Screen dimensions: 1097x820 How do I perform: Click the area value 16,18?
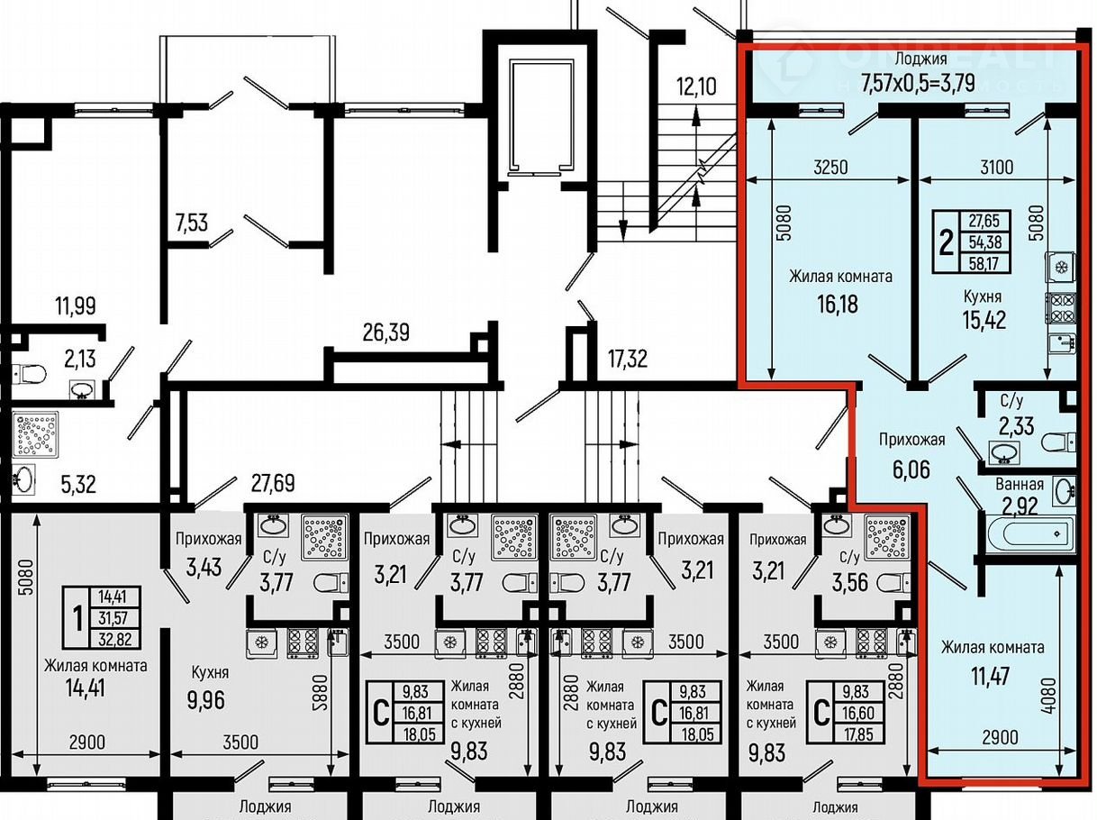coord(838,304)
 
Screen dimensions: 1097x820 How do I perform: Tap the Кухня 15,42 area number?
coord(984,320)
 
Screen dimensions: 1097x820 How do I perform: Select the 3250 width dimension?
coord(830,167)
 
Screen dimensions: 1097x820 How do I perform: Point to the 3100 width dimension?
coord(996,167)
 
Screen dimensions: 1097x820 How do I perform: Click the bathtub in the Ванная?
coord(1029,534)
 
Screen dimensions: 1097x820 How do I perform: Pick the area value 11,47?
coord(990,676)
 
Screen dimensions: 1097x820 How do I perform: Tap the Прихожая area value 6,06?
coord(911,469)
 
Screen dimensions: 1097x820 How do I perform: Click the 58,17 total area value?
coord(985,262)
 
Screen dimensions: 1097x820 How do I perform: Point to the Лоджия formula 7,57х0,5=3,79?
coord(918,83)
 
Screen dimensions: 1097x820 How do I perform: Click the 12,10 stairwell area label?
coord(696,87)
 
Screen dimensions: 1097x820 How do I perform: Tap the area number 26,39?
coord(386,333)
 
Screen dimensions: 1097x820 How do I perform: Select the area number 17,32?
coord(628,359)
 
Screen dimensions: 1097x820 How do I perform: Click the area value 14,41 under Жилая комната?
coord(86,688)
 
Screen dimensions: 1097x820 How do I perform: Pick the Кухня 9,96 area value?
coord(206,700)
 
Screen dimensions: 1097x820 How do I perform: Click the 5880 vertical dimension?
coord(323,693)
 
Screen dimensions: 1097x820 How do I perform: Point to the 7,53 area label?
coord(192,223)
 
